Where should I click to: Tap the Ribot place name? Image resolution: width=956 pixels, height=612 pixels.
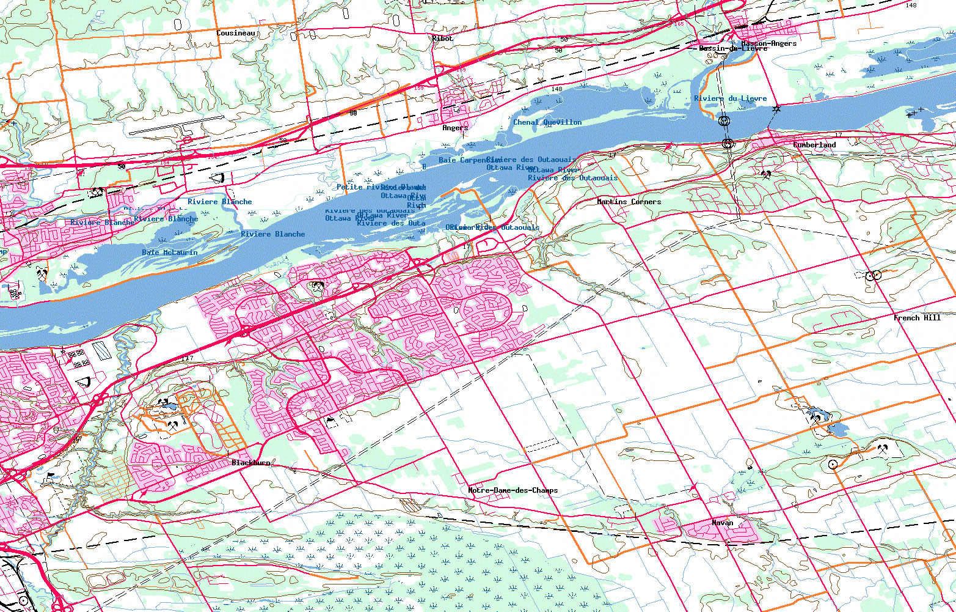point(442,39)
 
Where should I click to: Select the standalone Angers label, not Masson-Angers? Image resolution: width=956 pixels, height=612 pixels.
point(455,128)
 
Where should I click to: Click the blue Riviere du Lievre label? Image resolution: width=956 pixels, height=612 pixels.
point(730,98)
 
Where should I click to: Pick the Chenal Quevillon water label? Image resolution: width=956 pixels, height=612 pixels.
point(547,122)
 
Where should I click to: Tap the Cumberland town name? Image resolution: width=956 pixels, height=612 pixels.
point(814,145)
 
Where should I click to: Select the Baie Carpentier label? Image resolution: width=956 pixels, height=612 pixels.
point(464,160)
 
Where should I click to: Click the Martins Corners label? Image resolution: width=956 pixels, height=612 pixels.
point(629,202)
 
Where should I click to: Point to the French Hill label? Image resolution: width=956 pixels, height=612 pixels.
point(917,318)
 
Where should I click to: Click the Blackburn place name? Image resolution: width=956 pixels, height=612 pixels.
point(250,463)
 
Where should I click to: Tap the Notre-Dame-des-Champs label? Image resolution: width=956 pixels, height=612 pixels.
point(513,490)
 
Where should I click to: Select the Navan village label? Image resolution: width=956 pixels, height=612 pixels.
point(722,523)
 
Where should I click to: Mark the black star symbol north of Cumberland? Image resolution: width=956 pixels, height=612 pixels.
point(776,109)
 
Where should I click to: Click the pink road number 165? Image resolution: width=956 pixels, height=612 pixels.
point(680,24)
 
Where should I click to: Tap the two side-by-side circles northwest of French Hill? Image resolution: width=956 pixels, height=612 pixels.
point(872,275)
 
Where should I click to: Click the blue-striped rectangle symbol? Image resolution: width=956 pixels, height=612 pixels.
point(101,349)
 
